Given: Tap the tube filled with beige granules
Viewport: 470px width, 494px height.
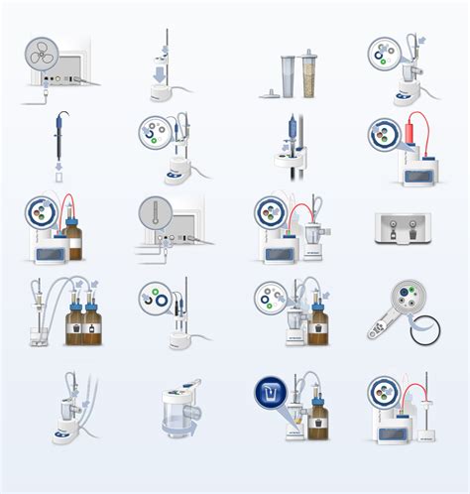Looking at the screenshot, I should coord(307,75).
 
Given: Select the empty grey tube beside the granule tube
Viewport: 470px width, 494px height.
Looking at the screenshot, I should coord(289,75).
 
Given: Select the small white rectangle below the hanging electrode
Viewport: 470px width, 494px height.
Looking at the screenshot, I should coord(59,180).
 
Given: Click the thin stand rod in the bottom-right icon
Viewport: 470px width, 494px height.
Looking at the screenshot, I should coord(427,397).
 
